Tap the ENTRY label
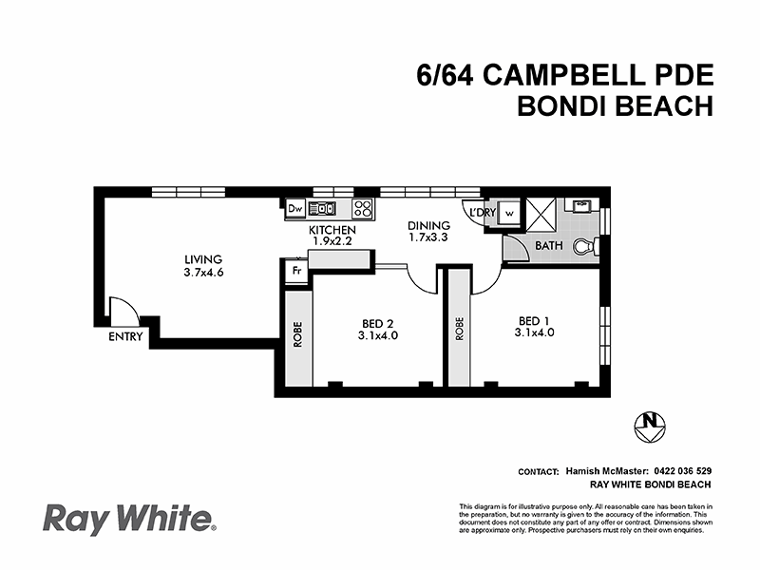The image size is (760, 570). point(125,335)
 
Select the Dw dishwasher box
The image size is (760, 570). point(294,208)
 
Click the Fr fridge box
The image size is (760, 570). point(296,271)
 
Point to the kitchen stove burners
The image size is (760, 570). point(363,208)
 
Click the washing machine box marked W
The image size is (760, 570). point(508,213)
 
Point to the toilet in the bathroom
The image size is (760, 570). point(591,246)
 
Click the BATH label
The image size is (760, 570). point(549,245)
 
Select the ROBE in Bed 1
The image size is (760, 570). point(459,328)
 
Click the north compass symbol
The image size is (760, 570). point(651,425)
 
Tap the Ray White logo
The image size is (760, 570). point(129,520)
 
